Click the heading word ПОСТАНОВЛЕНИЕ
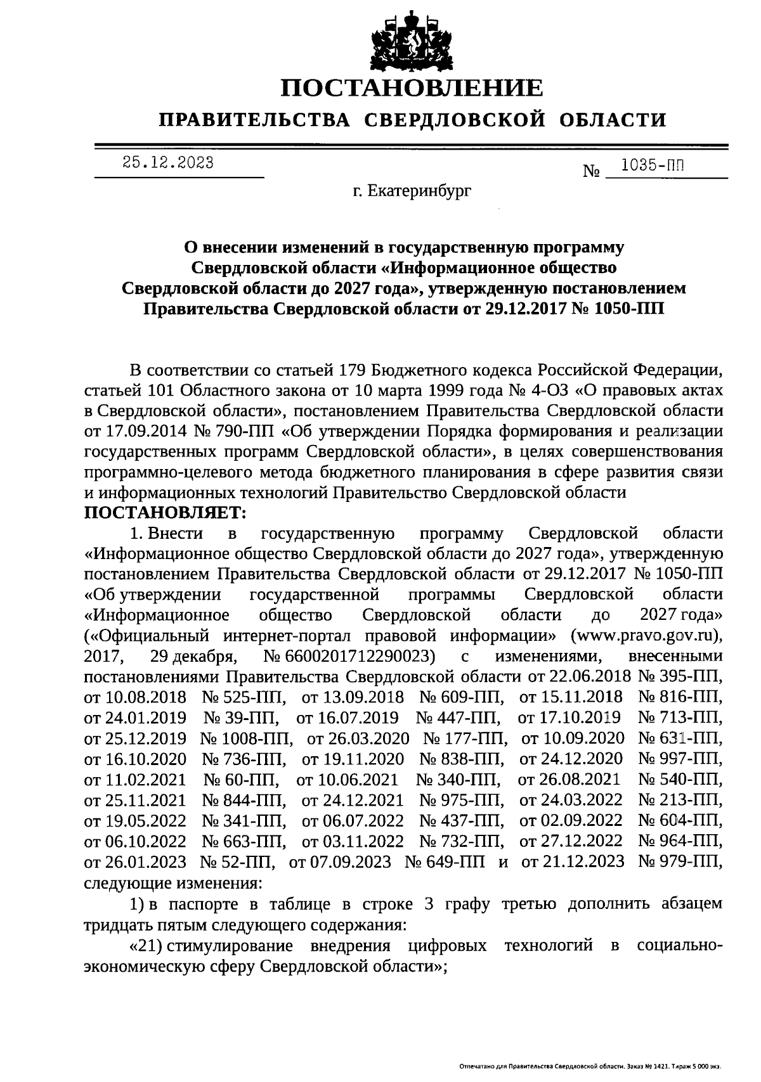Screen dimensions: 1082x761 [x=412, y=88]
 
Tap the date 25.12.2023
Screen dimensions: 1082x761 [x=168, y=162]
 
